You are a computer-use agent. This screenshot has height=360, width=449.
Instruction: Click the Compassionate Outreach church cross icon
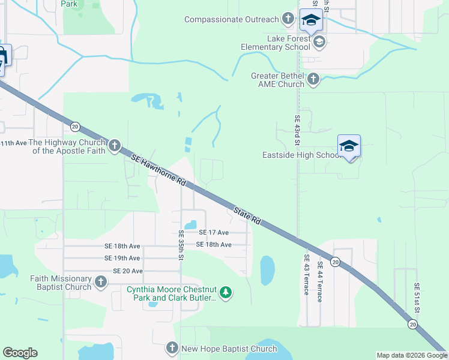[288, 19]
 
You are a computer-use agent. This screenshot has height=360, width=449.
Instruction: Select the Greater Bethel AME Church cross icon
[313, 79]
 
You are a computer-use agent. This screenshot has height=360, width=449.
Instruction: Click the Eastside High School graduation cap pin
[349, 146]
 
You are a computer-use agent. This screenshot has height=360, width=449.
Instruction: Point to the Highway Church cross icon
[114, 146]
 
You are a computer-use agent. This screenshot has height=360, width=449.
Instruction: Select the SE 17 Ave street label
[214, 232]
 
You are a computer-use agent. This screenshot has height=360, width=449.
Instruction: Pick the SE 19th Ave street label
[122, 258]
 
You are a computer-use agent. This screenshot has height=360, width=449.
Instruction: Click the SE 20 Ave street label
[128, 271]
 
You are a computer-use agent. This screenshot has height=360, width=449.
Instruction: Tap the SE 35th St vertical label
[181, 245]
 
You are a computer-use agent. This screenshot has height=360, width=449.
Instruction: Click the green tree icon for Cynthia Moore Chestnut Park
[226, 293]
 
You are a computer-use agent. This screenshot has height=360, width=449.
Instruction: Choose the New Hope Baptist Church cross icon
[172, 348]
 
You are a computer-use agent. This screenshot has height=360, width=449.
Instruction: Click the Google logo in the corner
[20, 353]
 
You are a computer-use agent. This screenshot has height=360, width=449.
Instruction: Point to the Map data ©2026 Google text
[412, 355]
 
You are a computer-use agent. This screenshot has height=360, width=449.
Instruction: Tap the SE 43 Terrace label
[306, 275]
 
